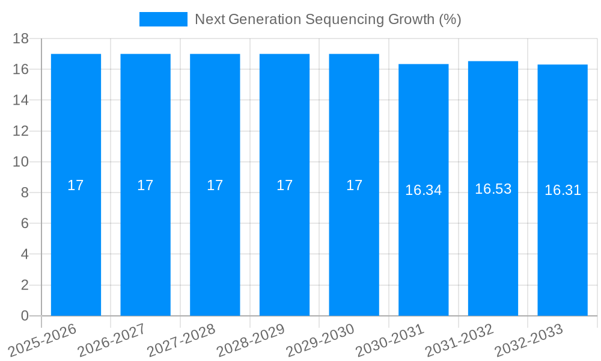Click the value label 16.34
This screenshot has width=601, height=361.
click(423, 190)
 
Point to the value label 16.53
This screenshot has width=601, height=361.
click(493, 189)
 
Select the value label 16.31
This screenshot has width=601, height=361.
click(563, 190)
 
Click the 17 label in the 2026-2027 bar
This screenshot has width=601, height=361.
click(145, 185)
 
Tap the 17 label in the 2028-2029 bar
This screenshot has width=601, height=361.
click(284, 185)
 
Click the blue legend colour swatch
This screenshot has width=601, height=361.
click(163, 19)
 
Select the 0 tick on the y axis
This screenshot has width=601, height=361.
click(25, 316)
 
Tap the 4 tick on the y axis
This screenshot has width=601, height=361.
click(25, 255)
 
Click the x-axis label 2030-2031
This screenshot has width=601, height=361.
click(391, 341)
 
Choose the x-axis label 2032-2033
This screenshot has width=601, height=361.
click(529, 341)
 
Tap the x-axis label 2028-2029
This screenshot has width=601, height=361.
click(251, 341)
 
